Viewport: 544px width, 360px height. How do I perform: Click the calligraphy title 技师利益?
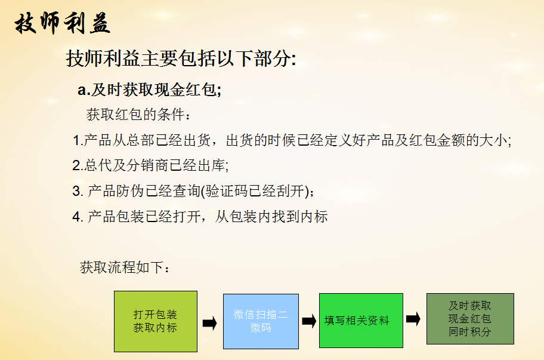click(63, 23)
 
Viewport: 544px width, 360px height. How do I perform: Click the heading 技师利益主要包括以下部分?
click(180, 58)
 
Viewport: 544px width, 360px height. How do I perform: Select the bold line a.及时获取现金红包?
click(149, 90)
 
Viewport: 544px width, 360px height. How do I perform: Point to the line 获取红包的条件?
click(138, 114)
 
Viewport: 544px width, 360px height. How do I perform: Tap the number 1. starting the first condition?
click(78, 140)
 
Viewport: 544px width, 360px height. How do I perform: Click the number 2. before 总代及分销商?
click(78, 165)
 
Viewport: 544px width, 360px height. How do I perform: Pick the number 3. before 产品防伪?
click(78, 191)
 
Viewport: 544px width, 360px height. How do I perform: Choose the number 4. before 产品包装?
click(78, 217)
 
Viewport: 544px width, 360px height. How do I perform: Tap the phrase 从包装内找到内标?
click(271, 217)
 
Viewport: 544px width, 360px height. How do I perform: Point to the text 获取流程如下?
click(125, 267)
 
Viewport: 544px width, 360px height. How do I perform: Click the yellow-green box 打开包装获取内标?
click(156, 321)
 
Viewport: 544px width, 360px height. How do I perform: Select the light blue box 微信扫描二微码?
click(261, 321)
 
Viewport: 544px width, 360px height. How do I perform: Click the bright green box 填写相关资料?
click(361, 321)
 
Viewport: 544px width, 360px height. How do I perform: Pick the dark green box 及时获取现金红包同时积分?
click(470, 319)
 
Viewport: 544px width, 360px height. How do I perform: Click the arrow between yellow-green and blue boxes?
click(209, 323)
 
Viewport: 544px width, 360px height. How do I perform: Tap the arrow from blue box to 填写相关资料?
click(309, 321)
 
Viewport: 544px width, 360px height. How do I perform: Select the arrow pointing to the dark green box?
click(413, 319)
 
